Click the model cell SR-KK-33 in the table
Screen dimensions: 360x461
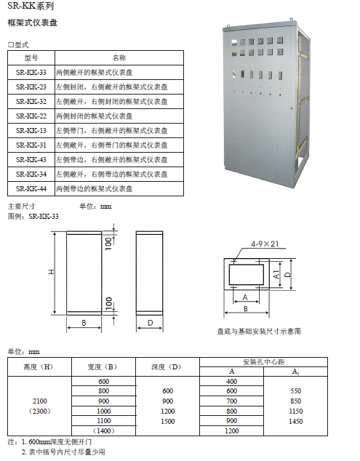(x=31, y=72)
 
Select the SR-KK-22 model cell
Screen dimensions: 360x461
(x=31, y=116)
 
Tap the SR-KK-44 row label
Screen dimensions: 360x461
(x=31, y=189)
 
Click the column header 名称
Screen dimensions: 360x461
(x=119, y=58)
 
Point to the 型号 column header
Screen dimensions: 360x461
(x=31, y=58)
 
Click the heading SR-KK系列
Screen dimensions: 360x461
(x=31, y=6)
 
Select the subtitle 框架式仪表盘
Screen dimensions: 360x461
(x=32, y=23)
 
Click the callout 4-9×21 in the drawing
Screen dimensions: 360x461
(x=265, y=244)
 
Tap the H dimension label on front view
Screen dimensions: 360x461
(x=51, y=272)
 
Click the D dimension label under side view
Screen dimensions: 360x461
(x=150, y=323)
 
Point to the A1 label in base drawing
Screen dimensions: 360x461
(x=276, y=275)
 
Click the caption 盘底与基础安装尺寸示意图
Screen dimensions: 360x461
(x=259, y=332)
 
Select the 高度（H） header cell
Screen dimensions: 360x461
(x=39, y=366)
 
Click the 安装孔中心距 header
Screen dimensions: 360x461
(x=263, y=362)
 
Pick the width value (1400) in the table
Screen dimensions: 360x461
(x=103, y=431)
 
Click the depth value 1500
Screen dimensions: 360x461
(x=168, y=421)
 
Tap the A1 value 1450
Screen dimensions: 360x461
(x=295, y=421)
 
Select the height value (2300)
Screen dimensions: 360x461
(x=40, y=411)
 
